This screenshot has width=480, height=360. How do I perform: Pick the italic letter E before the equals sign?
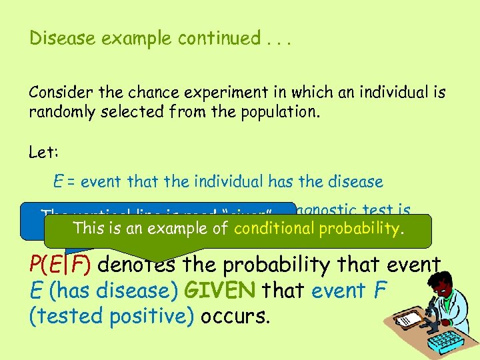[x=59, y=181]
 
